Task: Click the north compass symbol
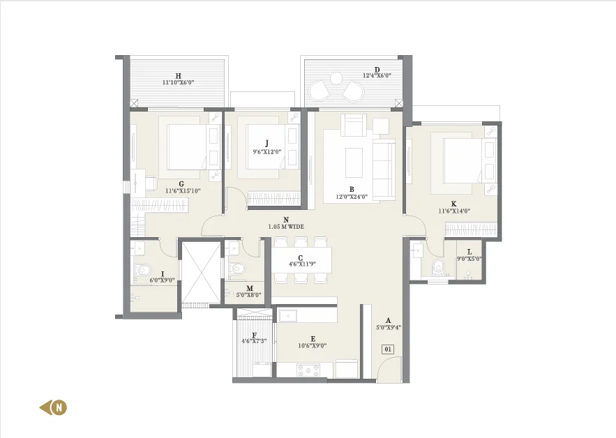tap(54, 407)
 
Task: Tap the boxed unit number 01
tap(388, 349)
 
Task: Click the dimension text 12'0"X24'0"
tap(352, 197)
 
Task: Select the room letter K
tap(453, 204)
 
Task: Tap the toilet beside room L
tap(437, 266)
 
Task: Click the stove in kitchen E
tap(308, 369)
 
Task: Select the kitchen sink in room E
tap(288, 315)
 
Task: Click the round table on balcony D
tap(336, 79)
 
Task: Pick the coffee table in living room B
tap(354, 163)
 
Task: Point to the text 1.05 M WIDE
tap(286, 227)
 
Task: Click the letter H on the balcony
tap(179, 76)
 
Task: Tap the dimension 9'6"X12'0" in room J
tap(267, 151)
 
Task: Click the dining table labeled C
tap(302, 259)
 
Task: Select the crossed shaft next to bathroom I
tap(201, 272)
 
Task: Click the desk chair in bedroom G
tap(151, 183)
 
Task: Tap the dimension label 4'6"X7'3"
tap(254, 341)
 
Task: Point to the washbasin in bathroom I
tap(139, 249)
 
